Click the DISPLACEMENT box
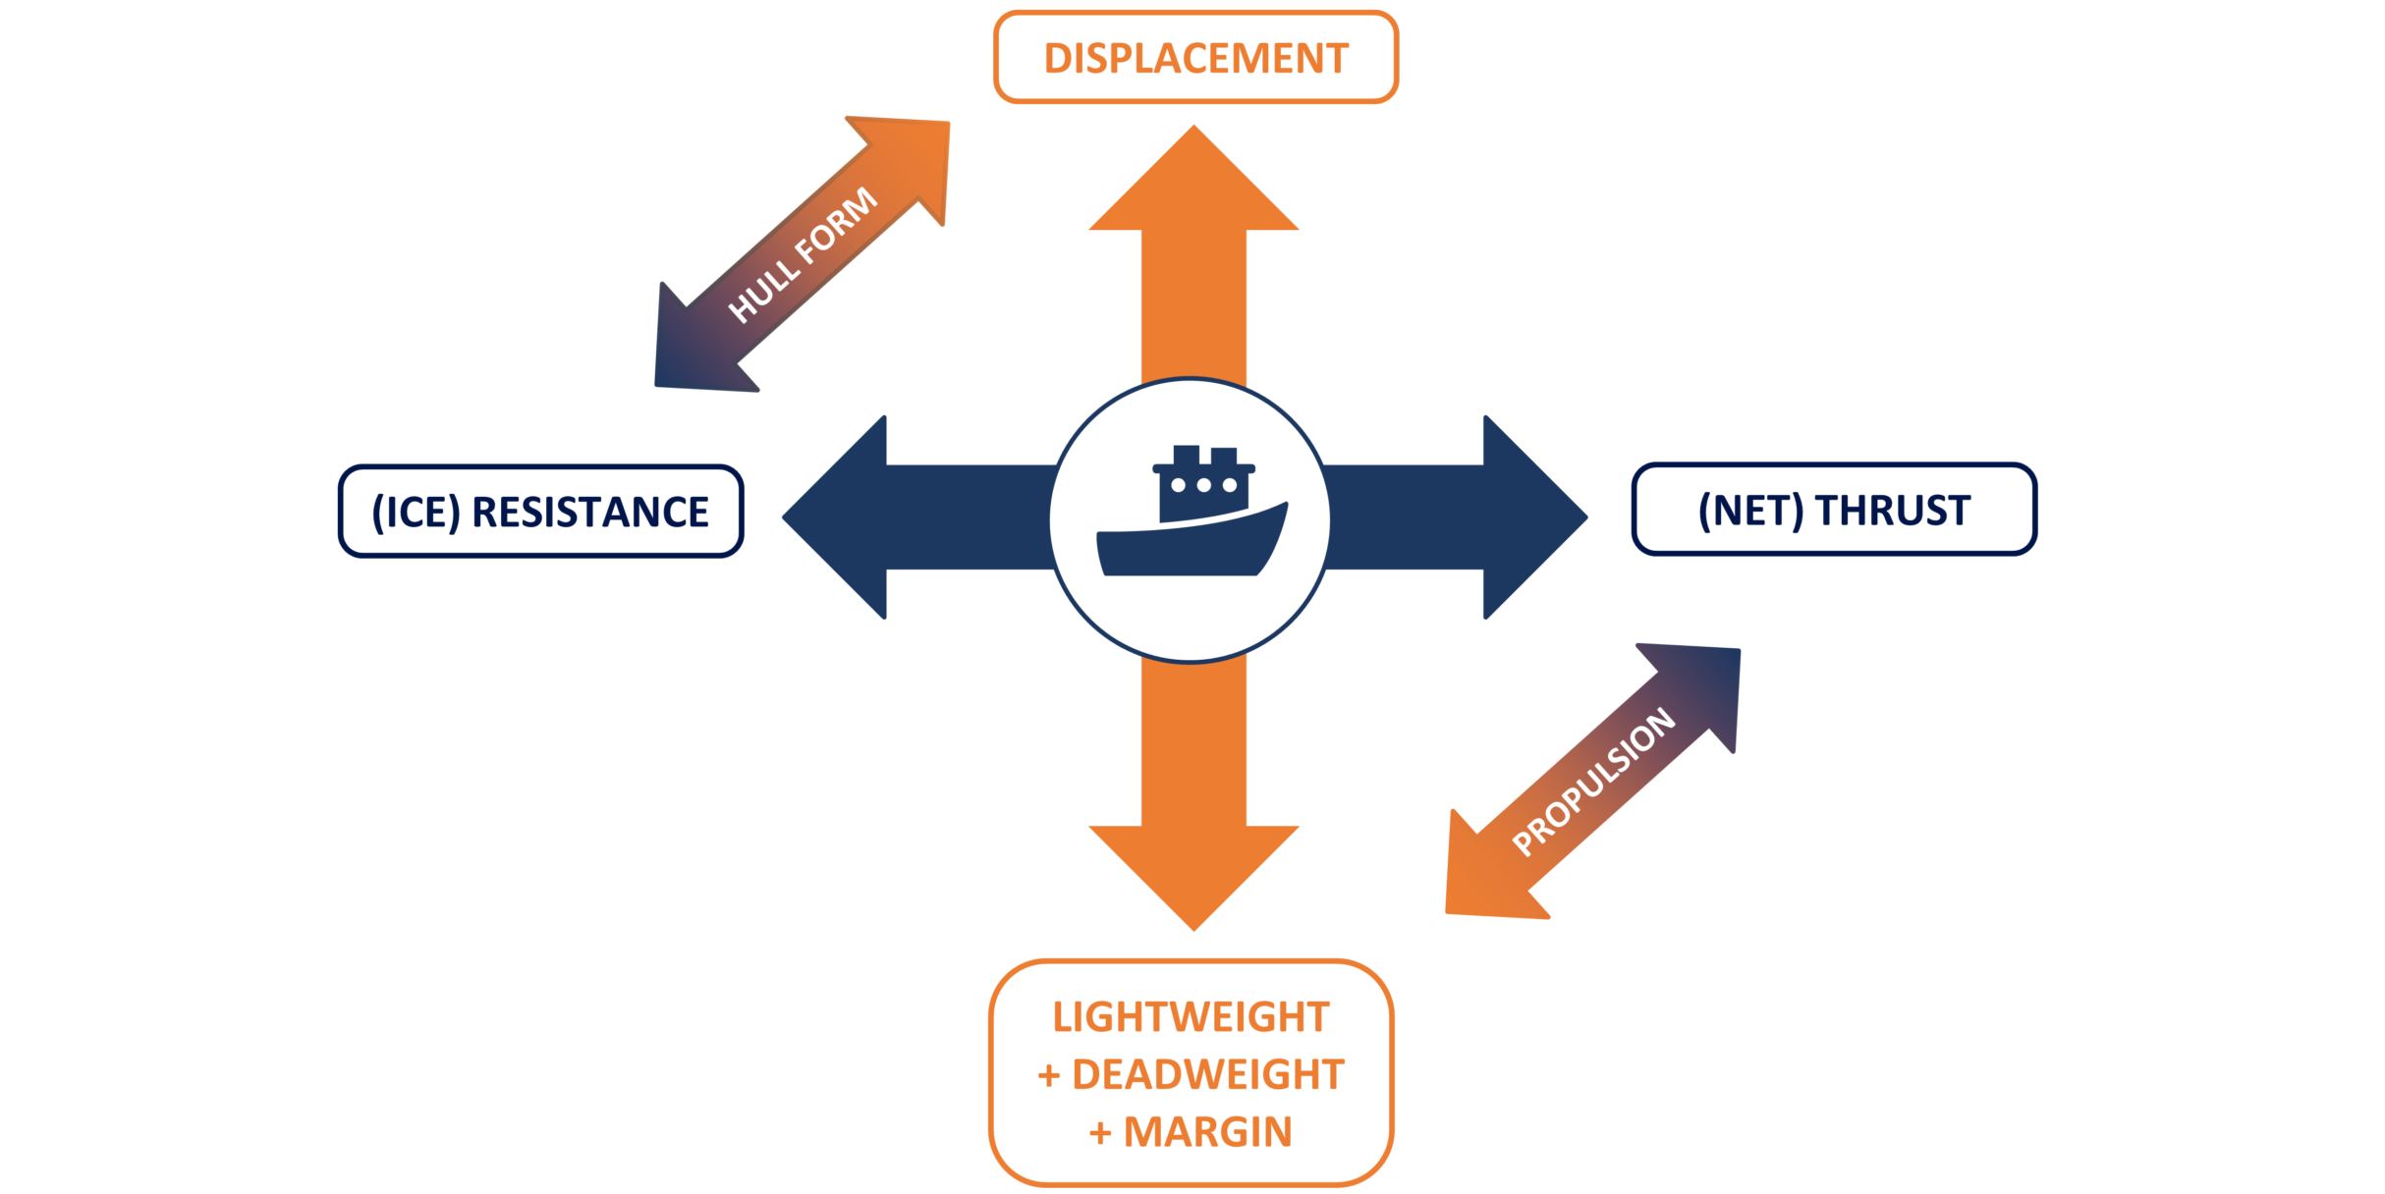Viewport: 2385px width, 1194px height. (1195, 58)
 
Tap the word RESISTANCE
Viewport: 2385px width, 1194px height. (590, 513)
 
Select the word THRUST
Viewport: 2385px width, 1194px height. (1892, 511)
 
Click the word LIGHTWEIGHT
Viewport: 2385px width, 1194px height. (1191, 1017)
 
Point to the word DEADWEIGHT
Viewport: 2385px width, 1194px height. (1207, 1075)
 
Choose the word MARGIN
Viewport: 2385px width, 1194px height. (1207, 1132)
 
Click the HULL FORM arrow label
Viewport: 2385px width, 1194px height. (803, 254)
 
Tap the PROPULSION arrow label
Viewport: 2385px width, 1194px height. (1593, 782)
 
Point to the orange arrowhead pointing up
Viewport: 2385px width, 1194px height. (1193, 182)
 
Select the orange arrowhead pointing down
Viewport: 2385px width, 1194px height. (1193, 874)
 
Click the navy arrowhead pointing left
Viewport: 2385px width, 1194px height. (840, 517)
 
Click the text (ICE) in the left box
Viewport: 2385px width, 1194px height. (416, 513)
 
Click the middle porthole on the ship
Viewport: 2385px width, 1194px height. (1203, 485)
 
